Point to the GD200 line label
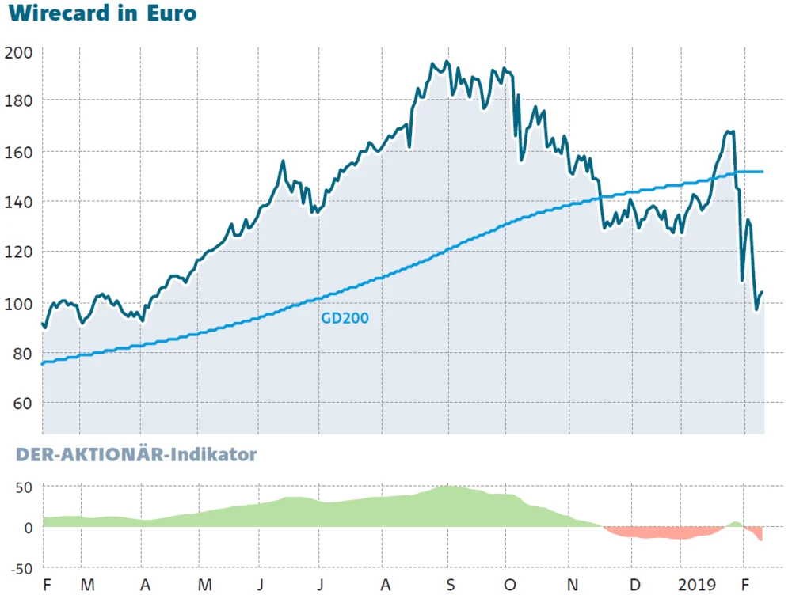[x=345, y=318]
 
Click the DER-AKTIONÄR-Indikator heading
[x=131, y=455]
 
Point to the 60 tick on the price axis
[x=22, y=404]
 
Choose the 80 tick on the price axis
[x=22, y=354]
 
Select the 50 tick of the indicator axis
[x=22, y=487]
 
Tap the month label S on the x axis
[x=450, y=586]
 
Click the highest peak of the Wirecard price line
[x=447, y=62]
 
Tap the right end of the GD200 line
[x=762, y=172]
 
